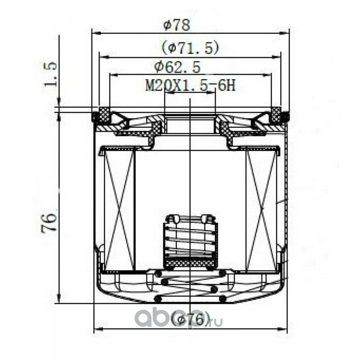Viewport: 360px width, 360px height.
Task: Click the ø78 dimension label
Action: pyautogui.click(x=176, y=25)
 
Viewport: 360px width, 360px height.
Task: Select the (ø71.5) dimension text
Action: pyautogui.click(x=189, y=48)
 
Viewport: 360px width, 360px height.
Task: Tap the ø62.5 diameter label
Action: pyautogui.click(x=177, y=67)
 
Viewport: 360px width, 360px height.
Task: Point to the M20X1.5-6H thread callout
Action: pyautogui.click(x=190, y=86)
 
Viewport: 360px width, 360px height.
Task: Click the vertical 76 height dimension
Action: pyautogui.click(x=49, y=222)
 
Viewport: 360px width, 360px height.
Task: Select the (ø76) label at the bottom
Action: pyautogui.click(x=191, y=319)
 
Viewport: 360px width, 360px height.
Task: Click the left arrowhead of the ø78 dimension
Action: pyautogui.click(x=96, y=33)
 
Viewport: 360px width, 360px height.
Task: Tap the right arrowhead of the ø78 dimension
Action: pyautogui.click(x=284, y=33)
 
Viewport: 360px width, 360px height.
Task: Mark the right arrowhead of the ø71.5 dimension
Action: pyautogui.click(x=276, y=57)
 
